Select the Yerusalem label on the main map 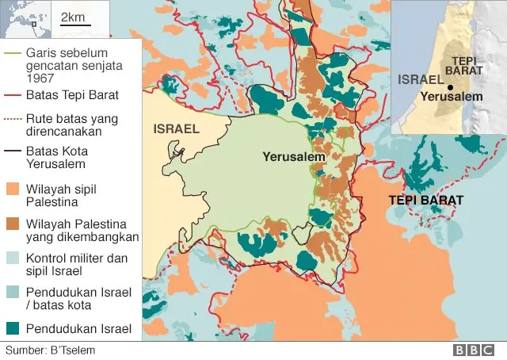[294, 158]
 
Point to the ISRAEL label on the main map [177, 128]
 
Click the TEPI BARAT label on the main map [425, 200]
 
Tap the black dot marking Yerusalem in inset [449, 87]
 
